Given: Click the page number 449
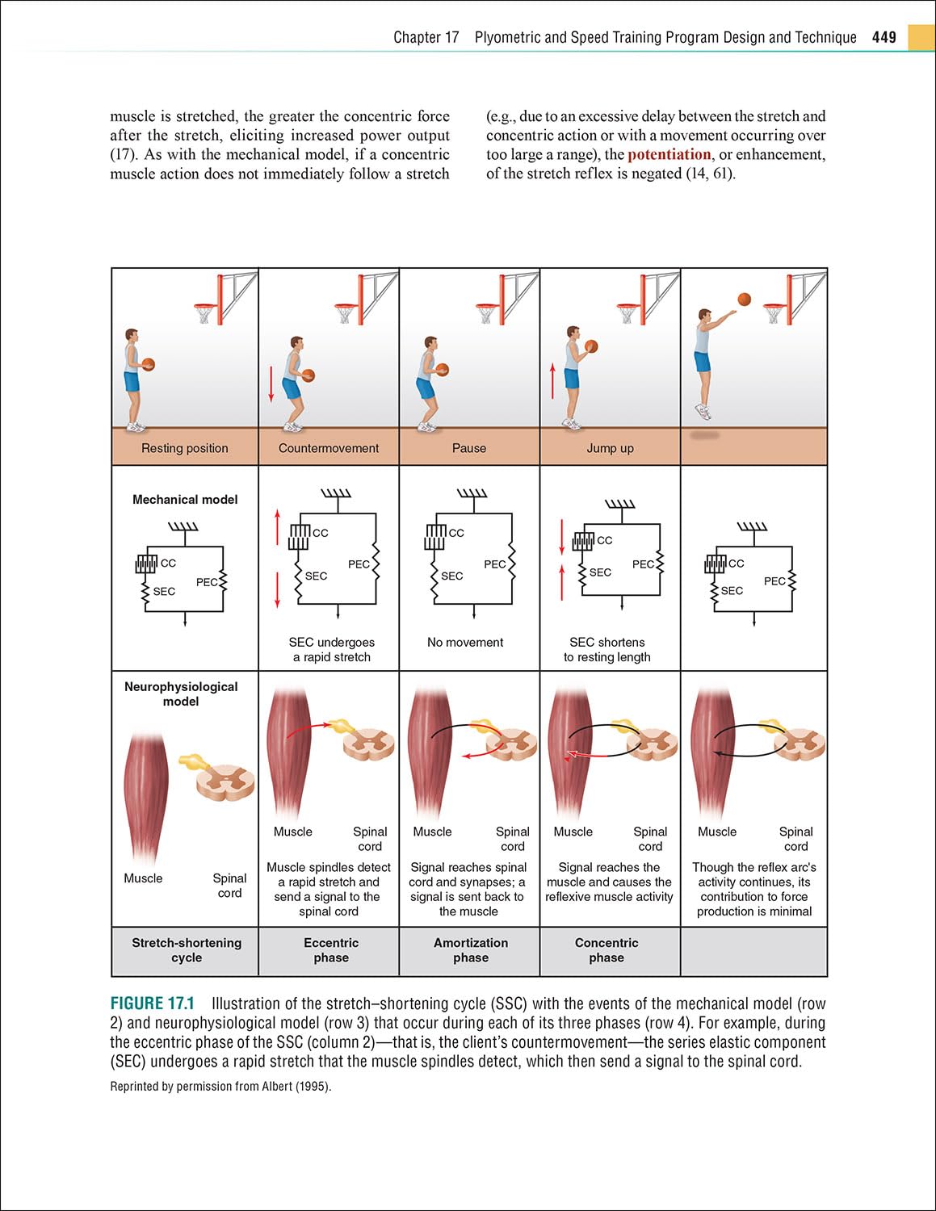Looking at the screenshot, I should click(x=884, y=37).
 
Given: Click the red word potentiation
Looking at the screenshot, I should click(x=669, y=154).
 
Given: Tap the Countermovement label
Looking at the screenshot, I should click(x=328, y=448).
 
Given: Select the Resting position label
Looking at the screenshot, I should click(x=184, y=448).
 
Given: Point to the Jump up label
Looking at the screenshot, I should click(x=610, y=448).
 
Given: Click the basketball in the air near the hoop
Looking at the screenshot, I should click(x=744, y=300).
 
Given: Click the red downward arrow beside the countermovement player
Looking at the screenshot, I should click(x=271, y=383).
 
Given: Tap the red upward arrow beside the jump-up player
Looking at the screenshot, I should click(x=552, y=381).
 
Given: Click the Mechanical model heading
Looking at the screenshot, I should click(x=185, y=500).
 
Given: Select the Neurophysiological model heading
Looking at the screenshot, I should click(x=181, y=694).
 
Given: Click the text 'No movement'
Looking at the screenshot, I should click(x=465, y=643).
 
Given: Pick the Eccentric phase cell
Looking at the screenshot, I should click(x=331, y=950).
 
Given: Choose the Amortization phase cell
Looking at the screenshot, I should click(x=471, y=950).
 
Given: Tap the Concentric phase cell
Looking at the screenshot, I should click(x=607, y=950).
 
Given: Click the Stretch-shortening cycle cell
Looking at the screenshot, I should click(x=187, y=950).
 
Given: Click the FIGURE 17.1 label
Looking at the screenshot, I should click(x=153, y=1004).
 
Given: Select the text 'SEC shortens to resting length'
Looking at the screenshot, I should click(x=607, y=650).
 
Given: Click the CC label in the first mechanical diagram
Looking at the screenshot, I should click(x=168, y=563).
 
